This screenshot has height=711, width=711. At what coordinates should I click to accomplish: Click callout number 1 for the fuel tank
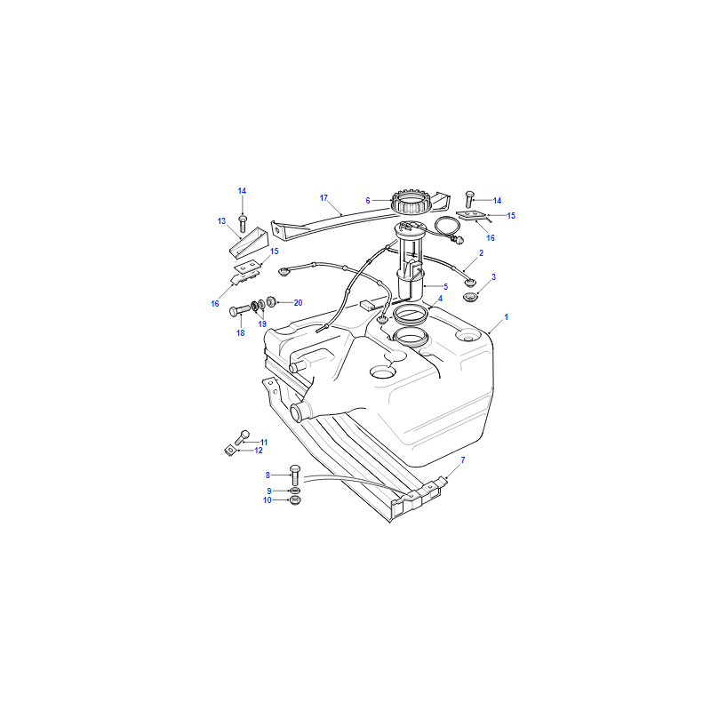point(506,317)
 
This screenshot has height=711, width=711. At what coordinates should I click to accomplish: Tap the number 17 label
point(324,197)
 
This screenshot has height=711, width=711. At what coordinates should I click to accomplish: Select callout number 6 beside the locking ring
point(368,201)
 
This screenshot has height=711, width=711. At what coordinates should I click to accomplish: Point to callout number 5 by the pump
point(446,286)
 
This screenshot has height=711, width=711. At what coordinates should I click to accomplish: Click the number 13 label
point(221,220)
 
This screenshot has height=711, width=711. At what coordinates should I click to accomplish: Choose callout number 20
point(298,303)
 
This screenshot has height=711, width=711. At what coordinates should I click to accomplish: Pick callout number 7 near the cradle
point(463,459)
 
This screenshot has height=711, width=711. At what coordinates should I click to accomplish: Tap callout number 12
point(259,451)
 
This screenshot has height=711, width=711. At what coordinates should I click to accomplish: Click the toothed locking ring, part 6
point(410,202)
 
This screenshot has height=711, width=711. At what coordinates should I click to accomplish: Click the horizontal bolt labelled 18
point(240,310)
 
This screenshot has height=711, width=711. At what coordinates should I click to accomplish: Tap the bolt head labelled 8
point(295,469)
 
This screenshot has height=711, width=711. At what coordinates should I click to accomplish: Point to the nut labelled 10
point(295,500)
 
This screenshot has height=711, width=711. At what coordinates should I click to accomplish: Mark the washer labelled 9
point(295,491)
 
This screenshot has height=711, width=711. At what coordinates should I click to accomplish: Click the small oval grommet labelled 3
point(470,298)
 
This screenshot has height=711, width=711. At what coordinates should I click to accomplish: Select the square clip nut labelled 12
point(230,451)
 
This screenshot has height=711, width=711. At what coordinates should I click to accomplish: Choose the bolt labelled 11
point(242,437)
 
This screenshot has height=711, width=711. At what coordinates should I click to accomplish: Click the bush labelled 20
point(271,301)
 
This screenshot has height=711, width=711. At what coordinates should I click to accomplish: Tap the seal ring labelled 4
point(411,315)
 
